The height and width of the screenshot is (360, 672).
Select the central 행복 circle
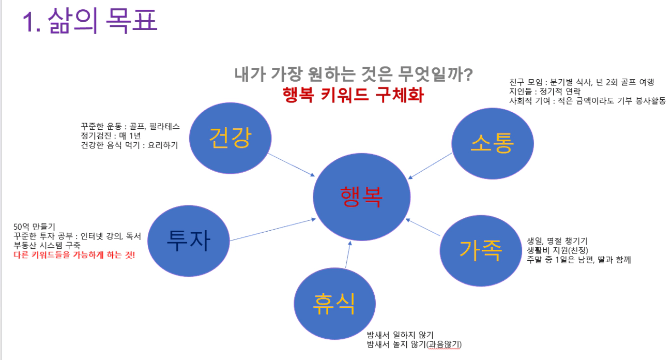coord(361,197)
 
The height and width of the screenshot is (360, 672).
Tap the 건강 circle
coord(230,138)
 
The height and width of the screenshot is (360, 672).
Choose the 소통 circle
coord(493,143)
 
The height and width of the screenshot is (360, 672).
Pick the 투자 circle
coord(189,241)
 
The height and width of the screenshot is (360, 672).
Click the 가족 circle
coord(481,251)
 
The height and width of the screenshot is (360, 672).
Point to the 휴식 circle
coord(334,304)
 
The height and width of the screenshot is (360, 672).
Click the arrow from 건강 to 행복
coord(292,165)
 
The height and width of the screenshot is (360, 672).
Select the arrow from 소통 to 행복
coord(430,166)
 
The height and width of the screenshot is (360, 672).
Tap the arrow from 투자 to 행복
coord(273,230)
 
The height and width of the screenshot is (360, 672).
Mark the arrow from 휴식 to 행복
coord(348,254)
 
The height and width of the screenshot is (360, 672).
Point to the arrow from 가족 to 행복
coord(423,227)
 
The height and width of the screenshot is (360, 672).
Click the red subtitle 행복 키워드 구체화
coord(353,95)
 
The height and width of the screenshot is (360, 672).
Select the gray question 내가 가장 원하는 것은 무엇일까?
coord(354,74)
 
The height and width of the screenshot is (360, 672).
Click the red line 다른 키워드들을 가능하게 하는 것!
coord(74,255)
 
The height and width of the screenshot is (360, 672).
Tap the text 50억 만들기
coord(34,227)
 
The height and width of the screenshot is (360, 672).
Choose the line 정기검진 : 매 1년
coord(111,136)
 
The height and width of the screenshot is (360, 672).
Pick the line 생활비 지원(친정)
coord(557,250)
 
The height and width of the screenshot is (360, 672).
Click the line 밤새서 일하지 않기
coord(400,335)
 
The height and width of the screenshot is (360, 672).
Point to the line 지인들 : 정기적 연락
coord(545,91)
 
